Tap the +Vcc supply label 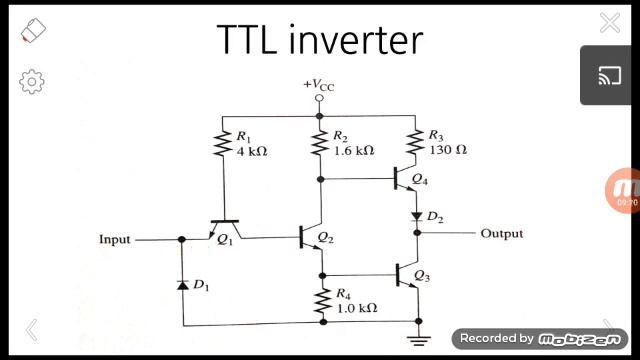319,86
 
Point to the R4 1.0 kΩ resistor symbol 321,301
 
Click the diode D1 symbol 182,285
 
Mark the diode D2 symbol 416,215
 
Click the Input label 115,240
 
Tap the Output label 501,234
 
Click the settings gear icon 32,80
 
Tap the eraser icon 33,30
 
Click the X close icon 609,23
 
